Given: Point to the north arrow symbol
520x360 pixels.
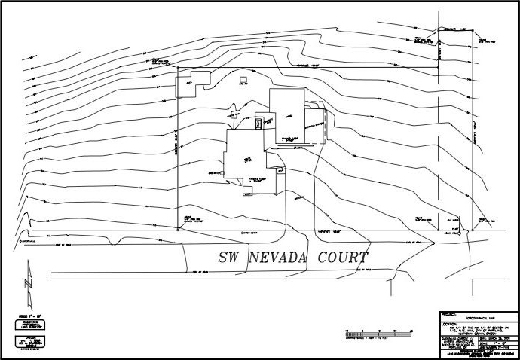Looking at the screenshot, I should pos(28,281).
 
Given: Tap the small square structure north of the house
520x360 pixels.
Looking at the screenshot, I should pos(243,79).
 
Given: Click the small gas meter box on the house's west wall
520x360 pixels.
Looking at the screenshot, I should pos(227,172).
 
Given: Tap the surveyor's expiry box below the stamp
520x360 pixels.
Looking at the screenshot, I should pos(27,340).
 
